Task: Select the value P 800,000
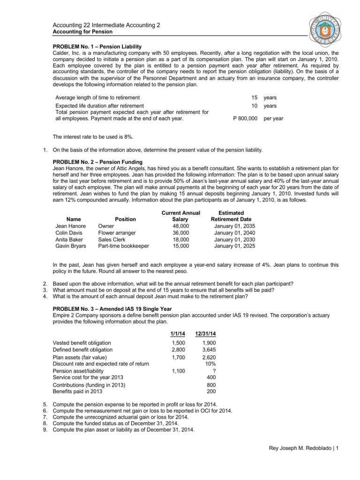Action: (245, 119)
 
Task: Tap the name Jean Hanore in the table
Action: (70, 225)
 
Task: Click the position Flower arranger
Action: (117, 232)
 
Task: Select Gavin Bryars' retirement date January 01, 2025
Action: (234, 245)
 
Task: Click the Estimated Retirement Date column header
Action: (231, 216)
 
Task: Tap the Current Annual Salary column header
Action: (180, 216)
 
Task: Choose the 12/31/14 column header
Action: (206, 333)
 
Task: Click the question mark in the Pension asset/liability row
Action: (214, 371)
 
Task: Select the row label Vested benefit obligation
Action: (82, 343)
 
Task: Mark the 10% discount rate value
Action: (210, 364)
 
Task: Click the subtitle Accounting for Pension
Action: (82, 31)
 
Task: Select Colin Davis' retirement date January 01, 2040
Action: (234, 232)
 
